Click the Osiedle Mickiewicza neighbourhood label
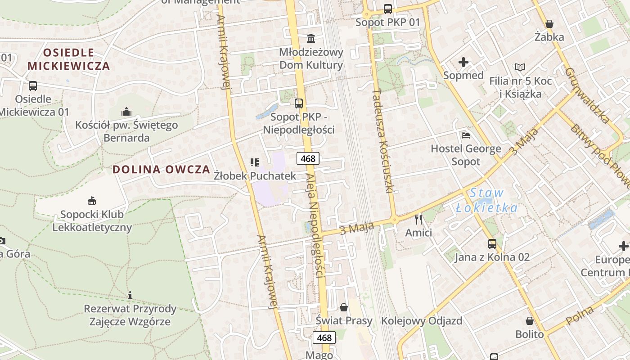(68, 59)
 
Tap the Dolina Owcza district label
(161, 170)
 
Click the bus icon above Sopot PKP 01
(387, 9)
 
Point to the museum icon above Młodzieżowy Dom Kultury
(310, 38)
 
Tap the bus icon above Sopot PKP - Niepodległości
(298, 103)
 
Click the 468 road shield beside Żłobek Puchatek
(308, 158)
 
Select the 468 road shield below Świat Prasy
(324, 338)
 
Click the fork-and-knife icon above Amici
(418, 219)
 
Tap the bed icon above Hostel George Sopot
(466, 135)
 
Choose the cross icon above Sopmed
(463, 62)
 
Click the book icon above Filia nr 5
(520, 67)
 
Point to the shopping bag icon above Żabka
(549, 24)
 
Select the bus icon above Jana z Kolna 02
(492, 244)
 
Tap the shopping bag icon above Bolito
(530, 321)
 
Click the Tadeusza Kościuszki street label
(383, 140)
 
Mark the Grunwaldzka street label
(587, 95)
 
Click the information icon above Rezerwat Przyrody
(130, 295)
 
